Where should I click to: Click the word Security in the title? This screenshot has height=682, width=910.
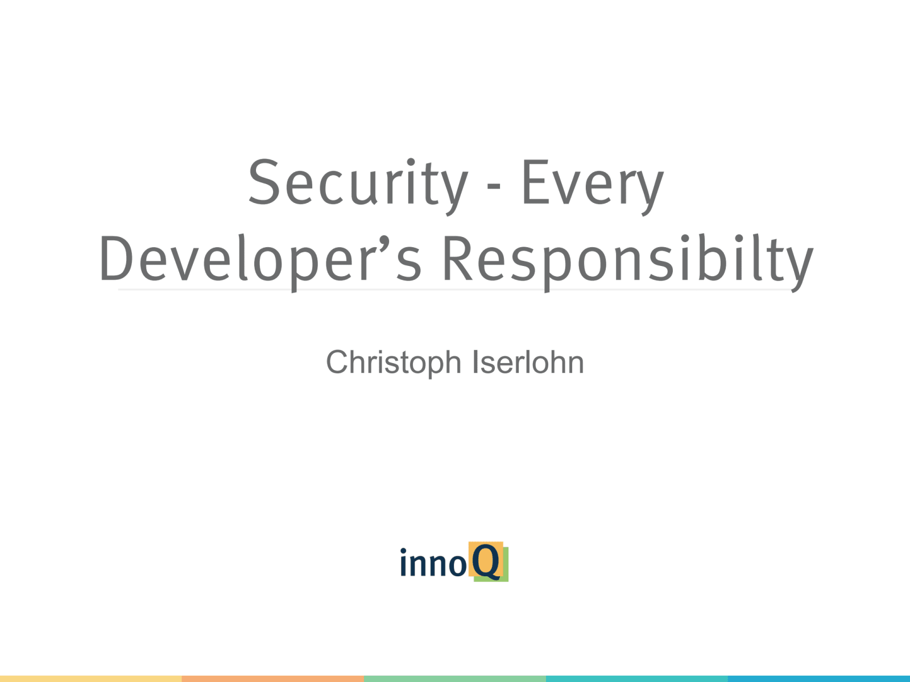click(x=358, y=186)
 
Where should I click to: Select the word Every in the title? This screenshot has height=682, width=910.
click(x=593, y=187)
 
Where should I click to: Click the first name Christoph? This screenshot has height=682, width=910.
click(x=394, y=363)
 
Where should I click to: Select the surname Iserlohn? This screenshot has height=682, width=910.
click(x=528, y=362)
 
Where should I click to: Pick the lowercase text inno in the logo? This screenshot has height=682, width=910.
click(x=433, y=562)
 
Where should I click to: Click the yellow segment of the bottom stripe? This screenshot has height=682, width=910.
click(x=91, y=679)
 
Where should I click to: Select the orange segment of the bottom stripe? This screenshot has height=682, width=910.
click(x=273, y=679)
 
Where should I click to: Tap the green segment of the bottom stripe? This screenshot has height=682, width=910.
click(x=455, y=679)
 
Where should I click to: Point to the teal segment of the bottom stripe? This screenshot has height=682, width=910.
click(x=637, y=679)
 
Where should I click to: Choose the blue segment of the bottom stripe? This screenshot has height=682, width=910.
click(x=819, y=679)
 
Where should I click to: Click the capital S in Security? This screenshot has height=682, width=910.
click(x=264, y=182)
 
